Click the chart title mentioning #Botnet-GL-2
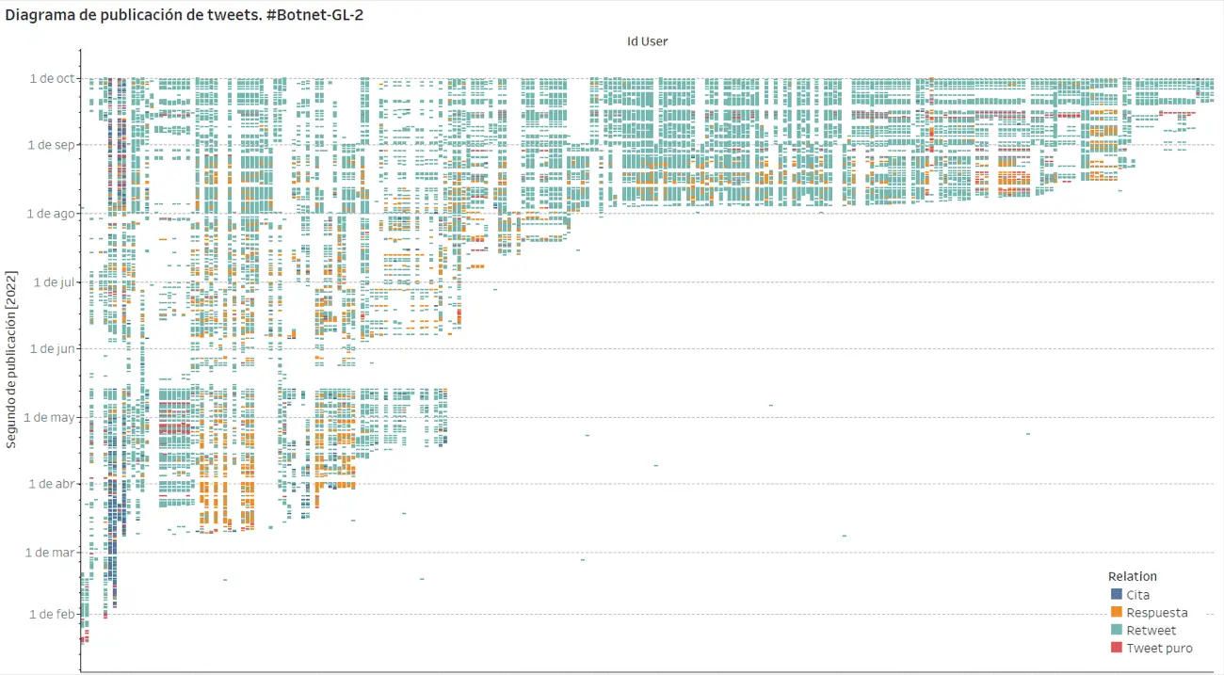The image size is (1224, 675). [x=185, y=16]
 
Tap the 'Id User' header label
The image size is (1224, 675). [x=647, y=40]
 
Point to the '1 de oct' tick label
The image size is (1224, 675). [x=52, y=78]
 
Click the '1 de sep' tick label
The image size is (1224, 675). [x=51, y=145]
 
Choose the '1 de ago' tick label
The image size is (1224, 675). [x=51, y=214]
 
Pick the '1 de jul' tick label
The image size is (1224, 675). [x=54, y=281]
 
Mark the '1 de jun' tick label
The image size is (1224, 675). [x=52, y=348]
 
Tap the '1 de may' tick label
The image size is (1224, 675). [x=50, y=417]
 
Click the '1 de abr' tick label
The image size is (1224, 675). [x=52, y=484]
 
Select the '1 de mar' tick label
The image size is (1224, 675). [x=50, y=553]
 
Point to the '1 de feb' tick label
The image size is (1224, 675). [x=51, y=614]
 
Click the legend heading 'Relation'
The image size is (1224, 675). [x=1133, y=576]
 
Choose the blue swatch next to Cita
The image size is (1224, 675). [x=1117, y=595]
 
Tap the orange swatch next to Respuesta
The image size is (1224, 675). [x=1117, y=613]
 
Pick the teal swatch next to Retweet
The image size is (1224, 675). [x=1117, y=630]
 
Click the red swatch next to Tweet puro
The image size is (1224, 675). [x=1117, y=648]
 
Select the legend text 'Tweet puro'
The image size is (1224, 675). [x=1159, y=648]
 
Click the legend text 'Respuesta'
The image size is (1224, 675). [x=1156, y=613]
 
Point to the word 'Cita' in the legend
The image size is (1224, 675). [x=1137, y=595]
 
